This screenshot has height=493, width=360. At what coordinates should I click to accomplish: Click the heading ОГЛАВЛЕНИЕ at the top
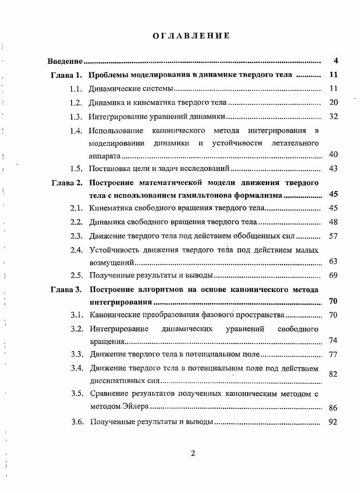click(x=191, y=36)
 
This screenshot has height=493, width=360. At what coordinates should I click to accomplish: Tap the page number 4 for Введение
click(x=336, y=61)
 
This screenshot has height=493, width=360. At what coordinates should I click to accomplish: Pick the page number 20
click(x=334, y=103)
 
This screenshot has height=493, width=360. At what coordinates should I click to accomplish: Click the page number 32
click(x=334, y=117)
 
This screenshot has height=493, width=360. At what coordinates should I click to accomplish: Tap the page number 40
click(x=334, y=155)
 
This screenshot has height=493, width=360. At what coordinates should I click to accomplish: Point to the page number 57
click(x=334, y=236)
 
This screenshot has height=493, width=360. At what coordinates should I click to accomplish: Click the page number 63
click(x=334, y=262)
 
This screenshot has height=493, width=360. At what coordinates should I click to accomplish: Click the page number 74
click(x=334, y=341)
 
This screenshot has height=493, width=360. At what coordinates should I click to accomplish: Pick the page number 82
click(x=334, y=374)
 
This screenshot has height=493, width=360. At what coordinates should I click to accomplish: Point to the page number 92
click(x=334, y=422)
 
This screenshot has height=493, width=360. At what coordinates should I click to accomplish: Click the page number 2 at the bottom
click(x=192, y=454)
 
